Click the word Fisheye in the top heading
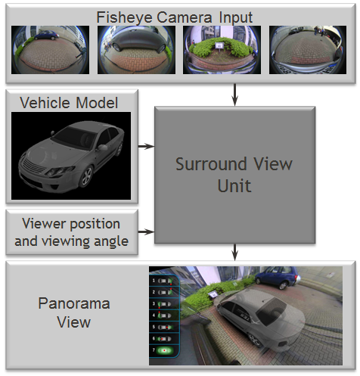pyautogui.click(x=125, y=17)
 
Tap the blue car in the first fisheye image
pyautogui.click(x=46, y=35)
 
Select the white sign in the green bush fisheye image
pyautogui.click(x=219, y=45)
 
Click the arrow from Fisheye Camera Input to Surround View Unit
pyautogui.click(x=234, y=95)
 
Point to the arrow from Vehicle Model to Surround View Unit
pyautogui.click(x=146, y=146)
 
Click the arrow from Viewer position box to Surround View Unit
pyautogui.click(x=146, y=232)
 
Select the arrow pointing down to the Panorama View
pyautogui.click(x=234, y=252)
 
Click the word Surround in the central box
pyautogui.click(x=212, y=164)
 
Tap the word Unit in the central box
pyautogui.click(x=234, y=186)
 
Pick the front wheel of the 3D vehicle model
pyautogui.click(x=86, y=176)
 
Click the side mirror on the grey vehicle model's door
pyautogui.click(x=103, y=148)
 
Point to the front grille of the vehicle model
pyautogui.click(x=33, y=166)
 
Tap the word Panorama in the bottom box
pyautogui.click(x=74, y=303)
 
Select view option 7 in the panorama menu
pyautogui.click(x=164, y=350)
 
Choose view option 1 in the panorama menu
pyautogui.click(x=164, y=281)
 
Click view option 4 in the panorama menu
pyautogui.click(x=164, y=315)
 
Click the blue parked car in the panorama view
pyautogui.click(x=278, y=278)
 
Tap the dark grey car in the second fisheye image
pyautogui.click(x=138, y=40)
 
